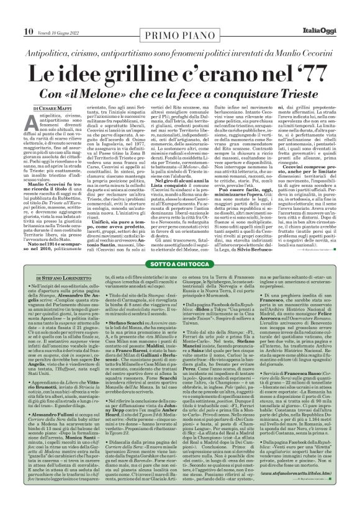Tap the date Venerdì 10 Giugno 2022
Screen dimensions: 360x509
[58, 14]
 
